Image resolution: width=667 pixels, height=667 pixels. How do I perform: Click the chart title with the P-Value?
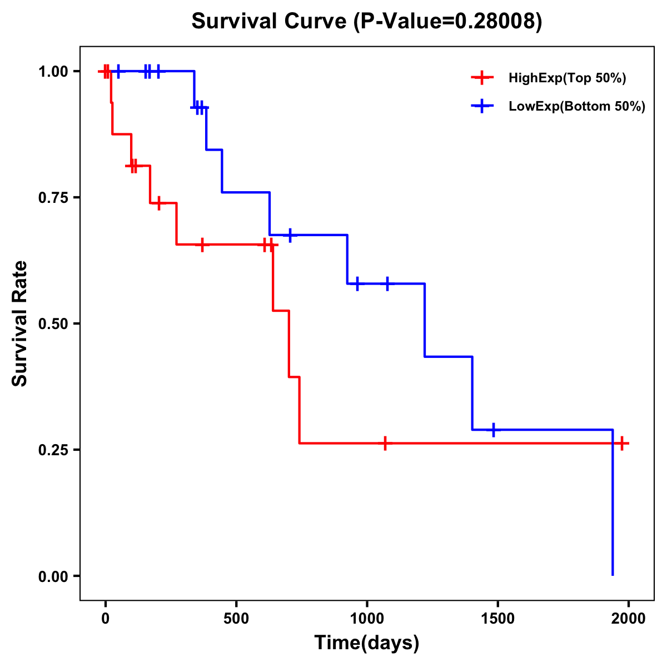(366, 22)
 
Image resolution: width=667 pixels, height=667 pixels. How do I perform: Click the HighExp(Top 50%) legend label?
(567, 78)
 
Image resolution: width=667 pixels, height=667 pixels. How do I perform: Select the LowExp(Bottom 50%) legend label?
(577, 107)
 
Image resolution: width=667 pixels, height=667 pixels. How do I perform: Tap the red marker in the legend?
(482, 78)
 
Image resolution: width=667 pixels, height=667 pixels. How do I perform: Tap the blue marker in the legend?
(482, 106)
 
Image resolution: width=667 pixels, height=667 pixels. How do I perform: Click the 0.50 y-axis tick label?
(52, 323)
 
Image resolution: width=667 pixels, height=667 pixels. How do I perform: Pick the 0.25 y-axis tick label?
(52, 450)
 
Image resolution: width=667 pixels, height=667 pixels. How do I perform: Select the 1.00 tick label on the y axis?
(52, 71)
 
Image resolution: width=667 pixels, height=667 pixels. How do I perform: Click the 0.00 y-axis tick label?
(52, 576)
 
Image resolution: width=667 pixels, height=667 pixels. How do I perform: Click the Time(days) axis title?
(366, 643)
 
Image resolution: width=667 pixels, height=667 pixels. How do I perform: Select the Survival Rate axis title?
(21, 323)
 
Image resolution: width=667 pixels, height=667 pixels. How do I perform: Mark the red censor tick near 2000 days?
(622, 443)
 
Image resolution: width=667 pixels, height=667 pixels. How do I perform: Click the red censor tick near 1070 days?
(385, 443)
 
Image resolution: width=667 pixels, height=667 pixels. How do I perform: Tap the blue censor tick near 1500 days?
(493, 430)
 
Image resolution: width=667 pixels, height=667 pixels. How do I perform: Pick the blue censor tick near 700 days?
(290, 235)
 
